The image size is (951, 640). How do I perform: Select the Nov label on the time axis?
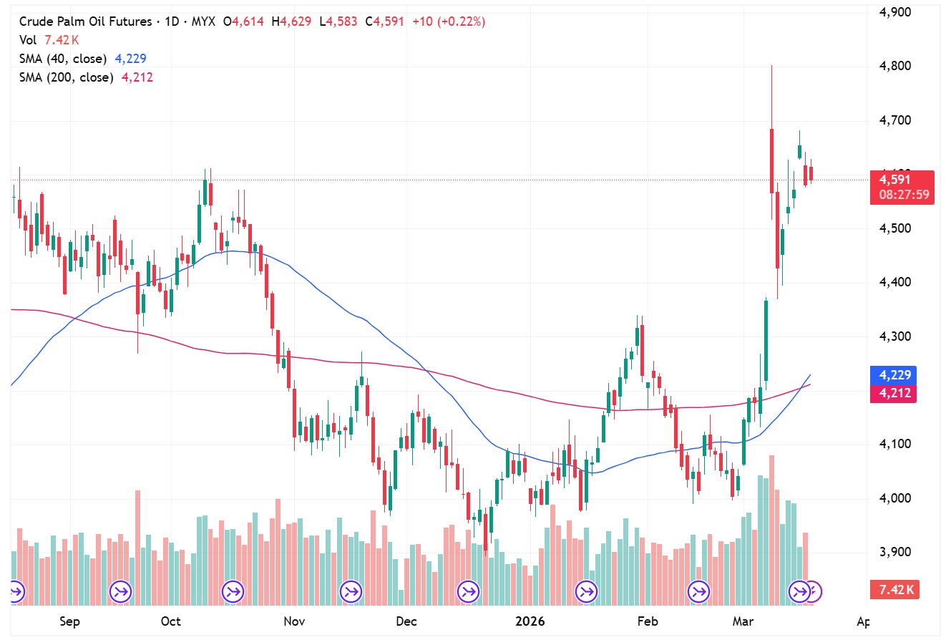click(x=294, y=621)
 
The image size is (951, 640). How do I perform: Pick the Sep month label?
click(x=69, y=621)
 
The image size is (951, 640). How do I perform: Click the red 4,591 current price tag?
click(x=894, y=180)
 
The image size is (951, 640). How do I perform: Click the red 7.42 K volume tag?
click(x=893, y=590)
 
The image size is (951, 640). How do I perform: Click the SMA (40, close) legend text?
click(x=63, y=59)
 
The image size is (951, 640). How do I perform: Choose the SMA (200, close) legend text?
click(x=66, y=77)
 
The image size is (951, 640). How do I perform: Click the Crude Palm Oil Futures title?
click(x=87, y=21)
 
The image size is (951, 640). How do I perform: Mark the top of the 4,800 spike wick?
click(x=771, y=66)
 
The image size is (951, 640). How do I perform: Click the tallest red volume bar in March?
click(x=771, y=530)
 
